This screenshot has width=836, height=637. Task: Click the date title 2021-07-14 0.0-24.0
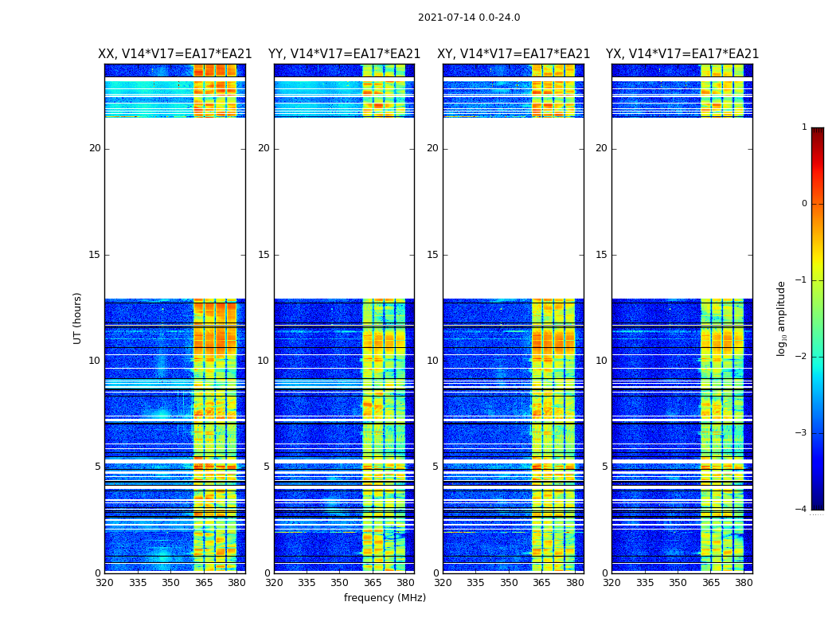point(469,18)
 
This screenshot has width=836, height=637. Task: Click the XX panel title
point(175,54)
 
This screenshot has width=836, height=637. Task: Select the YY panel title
point(344,54)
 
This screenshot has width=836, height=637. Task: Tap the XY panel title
point(514,54)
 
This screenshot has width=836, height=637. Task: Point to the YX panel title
point(682,54)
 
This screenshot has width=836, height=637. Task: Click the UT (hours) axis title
point(78,318)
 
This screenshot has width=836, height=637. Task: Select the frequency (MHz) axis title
point(385,598)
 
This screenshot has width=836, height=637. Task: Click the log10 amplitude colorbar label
point(782,318)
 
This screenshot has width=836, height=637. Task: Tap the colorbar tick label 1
point(804,127)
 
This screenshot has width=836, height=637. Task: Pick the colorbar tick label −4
point(802,510)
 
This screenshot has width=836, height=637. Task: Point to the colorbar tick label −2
point(802,357)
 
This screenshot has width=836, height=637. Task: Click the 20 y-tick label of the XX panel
point(95,148)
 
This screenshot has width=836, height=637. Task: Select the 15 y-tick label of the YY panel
point(264,255)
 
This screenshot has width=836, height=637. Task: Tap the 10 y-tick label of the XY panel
point(432,361)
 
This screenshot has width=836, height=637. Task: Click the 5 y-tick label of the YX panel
point(604,467)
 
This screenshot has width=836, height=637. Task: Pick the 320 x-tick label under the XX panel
point(105,583)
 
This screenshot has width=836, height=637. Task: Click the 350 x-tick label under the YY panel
point(340,583)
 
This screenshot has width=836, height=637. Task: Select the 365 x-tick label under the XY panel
point(542,583)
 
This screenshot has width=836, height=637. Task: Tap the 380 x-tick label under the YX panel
point(744,583)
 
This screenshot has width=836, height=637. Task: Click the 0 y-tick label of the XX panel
point(98,573)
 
